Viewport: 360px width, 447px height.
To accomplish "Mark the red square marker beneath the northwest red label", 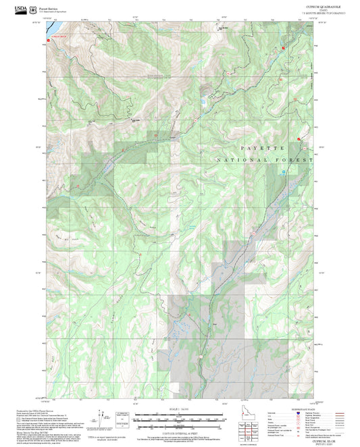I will pos(49,41).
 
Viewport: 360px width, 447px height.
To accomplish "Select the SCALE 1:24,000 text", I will pos(179,409).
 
